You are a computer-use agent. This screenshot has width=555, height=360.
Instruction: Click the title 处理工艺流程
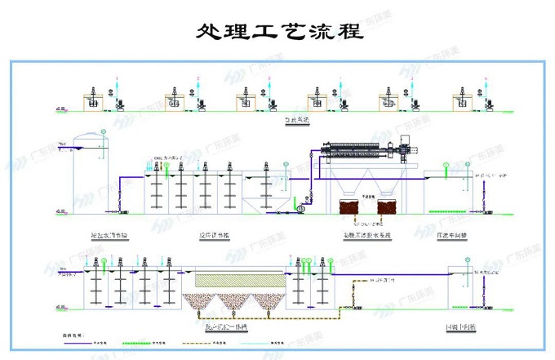[277, 33]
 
